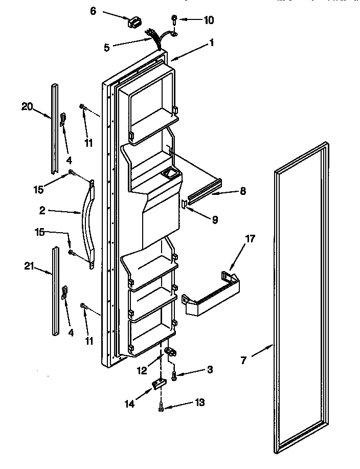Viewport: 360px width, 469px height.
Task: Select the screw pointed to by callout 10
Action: (x=175, y=20)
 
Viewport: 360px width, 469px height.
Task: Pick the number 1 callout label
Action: (x=211, y=43)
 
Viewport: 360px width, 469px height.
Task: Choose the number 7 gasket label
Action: (x=244, y=361)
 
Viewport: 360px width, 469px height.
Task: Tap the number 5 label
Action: (x=107, y=48)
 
